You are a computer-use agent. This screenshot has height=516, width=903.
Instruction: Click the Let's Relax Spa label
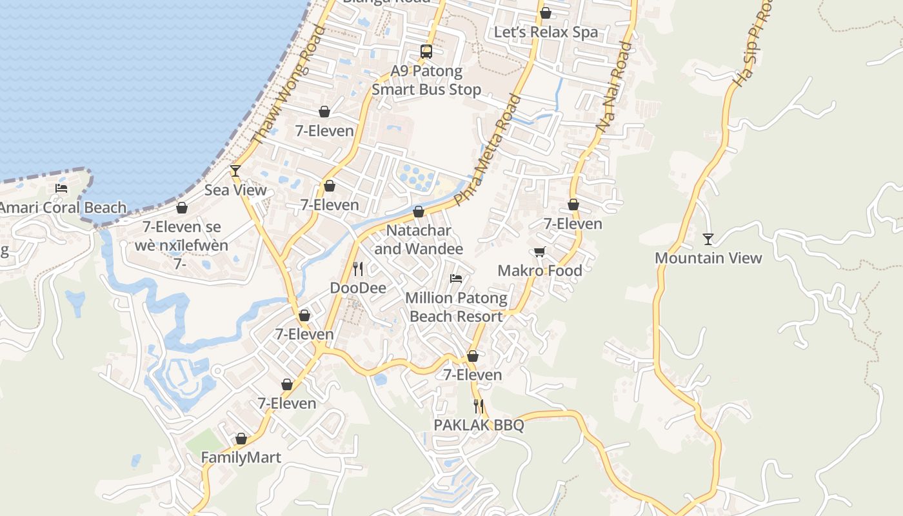(x=546, y=32)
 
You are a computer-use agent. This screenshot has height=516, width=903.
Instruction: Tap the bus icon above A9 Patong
(x=426, y=52)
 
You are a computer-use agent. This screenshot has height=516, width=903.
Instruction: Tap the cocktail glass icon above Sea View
(x=235, y=171)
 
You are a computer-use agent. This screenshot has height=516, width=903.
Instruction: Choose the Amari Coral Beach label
(x=63, y=208)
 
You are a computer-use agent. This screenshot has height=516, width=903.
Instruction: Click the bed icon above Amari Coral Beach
(x=61, y=188)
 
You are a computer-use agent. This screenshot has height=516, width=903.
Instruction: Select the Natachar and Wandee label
(x=419, y=239)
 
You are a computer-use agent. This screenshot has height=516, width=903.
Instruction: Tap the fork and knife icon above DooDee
(x=358, y=268)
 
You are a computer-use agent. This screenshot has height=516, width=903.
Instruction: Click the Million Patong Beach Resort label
(x=456, y=308)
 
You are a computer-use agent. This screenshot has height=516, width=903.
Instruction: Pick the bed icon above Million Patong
(x=456, y=279)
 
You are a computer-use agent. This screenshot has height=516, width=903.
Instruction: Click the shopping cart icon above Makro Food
(x=539, y=252)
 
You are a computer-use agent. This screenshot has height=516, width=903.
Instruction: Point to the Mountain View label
(x=708, y=258)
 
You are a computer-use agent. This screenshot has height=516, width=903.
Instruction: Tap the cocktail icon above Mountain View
(x=708, y=239)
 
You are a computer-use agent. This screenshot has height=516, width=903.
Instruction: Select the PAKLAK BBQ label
(x=479, y=426)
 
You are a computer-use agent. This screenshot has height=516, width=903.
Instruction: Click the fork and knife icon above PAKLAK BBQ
(x=479, y=406)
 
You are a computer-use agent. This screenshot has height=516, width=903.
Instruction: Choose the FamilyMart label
(x=241, y=458)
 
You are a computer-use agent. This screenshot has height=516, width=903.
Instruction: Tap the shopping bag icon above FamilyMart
(x=241, y=439)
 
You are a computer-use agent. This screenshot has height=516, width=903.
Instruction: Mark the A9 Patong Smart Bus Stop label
(x=426, y=81)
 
